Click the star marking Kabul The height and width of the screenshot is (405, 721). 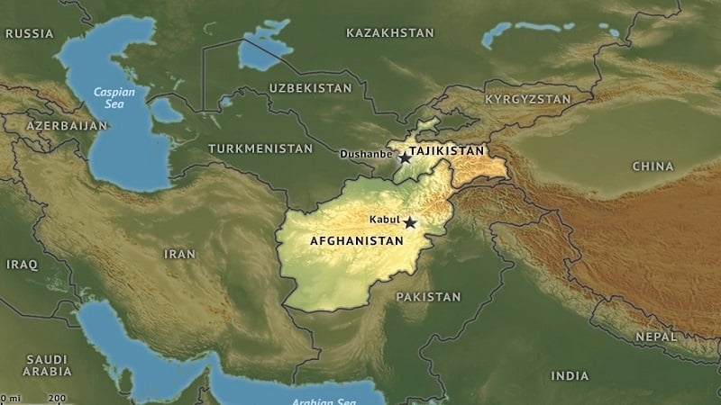click(x=411, y=221)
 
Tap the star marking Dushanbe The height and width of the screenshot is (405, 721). click(x=404, y=157)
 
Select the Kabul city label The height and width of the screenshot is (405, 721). click(x=384, y=220)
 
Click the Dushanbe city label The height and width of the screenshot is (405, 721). click(x=365, y=154)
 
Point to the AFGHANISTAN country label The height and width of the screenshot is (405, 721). click(x=356, y=242)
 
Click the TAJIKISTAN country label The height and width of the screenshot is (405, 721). click(x=446, y=150)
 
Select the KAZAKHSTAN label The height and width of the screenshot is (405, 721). click(x=389, y=32)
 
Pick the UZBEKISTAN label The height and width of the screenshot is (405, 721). click(x=310, y=88)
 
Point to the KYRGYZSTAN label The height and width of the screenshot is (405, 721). click(x=528, y=98)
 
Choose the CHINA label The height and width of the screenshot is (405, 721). click(x=653, y=166)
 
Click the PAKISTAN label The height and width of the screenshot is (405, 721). click(x=428, y=296)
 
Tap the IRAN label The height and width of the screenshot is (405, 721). click(x=179, y=254)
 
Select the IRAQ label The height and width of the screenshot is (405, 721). click(x=22, y=265)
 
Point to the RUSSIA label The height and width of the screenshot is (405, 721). click(x=29, y=33)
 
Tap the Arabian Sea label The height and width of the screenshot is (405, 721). click(x=320, y=401)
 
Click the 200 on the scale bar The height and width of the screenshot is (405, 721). click(x=57, y=398)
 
